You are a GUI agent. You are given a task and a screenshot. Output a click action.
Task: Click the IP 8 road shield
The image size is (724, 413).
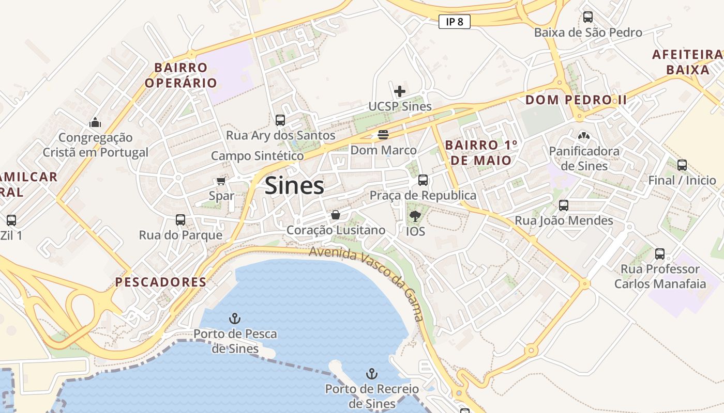pyautogui.click(x=454, y=22)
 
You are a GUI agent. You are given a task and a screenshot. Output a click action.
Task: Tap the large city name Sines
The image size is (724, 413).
pyautogui.click(x=294, y=186)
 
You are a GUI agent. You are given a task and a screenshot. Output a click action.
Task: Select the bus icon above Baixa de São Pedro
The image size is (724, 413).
pyautogui.click(x=588, y=17)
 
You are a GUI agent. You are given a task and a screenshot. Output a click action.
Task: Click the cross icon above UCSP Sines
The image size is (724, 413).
pyautogui.click(x=400, y=92)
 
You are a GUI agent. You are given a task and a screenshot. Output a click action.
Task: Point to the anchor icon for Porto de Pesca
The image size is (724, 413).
pyautogui.click(x=235, y=319)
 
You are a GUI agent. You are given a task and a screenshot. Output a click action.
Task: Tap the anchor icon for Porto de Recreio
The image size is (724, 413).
pyautogui.click(x=371, y=373)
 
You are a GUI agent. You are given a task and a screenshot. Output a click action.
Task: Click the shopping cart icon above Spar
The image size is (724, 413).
pyautogui.click(x=221, y=181)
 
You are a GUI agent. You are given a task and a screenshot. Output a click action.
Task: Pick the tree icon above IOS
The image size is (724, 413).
pyautogui.click(x=415, y=216)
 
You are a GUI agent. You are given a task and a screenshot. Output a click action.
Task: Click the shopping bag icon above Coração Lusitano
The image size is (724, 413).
pyautogui.click(x=336, y=215)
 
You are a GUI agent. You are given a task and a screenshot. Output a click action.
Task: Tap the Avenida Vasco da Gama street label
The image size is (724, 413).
pyautogui.click(x=367, y=281)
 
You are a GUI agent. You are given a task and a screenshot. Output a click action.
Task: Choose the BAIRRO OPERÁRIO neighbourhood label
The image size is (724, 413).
pyautogui.click(x=181, y=75)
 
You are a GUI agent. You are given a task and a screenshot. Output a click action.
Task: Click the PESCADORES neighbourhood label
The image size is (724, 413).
pyautogui.click(x=161, y=282)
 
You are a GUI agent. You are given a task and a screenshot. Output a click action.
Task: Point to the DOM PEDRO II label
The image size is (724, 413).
pyautogui.click(x=576, y=100)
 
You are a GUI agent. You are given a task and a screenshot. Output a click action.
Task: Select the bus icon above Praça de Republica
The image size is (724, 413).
pyautogui.click(x=423, y=180)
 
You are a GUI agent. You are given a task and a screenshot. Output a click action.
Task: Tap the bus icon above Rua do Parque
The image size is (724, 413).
pyautogui.click(x=180, y=220)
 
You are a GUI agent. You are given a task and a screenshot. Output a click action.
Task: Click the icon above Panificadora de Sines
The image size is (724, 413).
pyautogui.click(x=584, y=136)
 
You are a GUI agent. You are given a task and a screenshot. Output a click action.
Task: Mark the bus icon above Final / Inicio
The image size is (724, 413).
pyautogui.click(x=682, y=165)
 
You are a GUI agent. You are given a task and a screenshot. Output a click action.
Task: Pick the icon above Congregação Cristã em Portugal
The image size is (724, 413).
pyautogui.click(x=95, y=122)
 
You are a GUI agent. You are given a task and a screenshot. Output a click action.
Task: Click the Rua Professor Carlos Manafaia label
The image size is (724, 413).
pyautogui.click(x=660, y=276)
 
